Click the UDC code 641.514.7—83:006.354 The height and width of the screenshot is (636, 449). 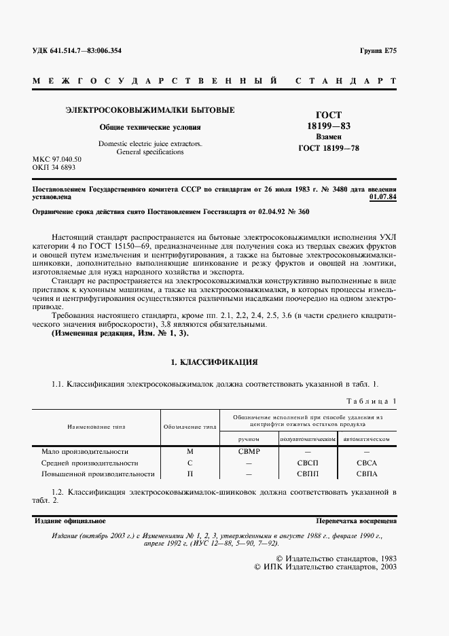point(76,51)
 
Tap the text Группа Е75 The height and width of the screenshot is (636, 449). point(378,51)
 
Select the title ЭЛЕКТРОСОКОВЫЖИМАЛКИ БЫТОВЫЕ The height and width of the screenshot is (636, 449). point(149,109)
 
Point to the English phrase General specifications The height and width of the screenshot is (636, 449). point(150,152)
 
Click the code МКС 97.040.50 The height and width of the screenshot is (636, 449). point(57,160)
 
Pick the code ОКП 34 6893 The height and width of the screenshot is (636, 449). point(54,167)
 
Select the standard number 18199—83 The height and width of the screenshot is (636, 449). point(328,126)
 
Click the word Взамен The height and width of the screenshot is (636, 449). point(328,137)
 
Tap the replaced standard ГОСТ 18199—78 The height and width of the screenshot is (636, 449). point(328,147)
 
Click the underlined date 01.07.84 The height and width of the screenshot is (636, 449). point(383,197)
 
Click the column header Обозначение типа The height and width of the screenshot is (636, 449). point(190,427)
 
